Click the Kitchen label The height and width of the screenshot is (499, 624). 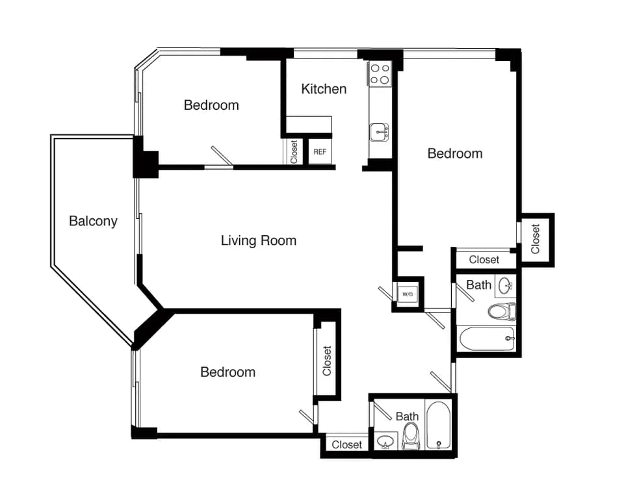point(324,89)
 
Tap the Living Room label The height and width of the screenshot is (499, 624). point(259,240)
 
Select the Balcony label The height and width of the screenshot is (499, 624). point(93,221)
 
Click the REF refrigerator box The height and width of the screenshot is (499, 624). point(320,152)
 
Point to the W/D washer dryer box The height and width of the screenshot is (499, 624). point(408,294)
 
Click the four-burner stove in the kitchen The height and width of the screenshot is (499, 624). point(380,74)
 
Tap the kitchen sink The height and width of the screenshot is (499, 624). point(379,133)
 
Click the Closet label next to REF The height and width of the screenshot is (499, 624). point(294,152)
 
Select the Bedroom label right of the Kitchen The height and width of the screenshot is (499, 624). point(454,153)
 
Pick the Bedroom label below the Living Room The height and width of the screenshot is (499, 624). point(227,372)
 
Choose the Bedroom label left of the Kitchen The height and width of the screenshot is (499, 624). point(211,105)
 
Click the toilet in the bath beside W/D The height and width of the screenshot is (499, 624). point(502,312)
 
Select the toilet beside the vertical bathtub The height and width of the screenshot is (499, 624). point(411,436)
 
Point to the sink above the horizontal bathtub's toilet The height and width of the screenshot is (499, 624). point(506,285)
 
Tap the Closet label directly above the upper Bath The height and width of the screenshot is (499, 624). point(484,260)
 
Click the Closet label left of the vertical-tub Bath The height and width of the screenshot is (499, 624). point(346,445)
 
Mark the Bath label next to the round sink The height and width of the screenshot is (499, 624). point(479,285)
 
